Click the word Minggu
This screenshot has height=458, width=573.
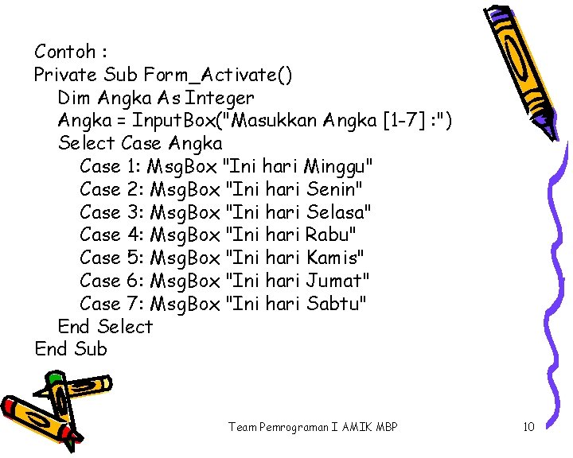339,167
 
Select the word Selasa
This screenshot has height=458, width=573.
338,212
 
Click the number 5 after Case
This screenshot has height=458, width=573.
134,258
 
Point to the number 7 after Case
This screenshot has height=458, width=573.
134,303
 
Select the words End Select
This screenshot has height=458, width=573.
105,326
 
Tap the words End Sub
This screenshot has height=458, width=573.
70,349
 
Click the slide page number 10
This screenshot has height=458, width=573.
528,428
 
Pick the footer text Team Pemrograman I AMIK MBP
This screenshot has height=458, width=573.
313,428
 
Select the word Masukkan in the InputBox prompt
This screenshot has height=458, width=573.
281,121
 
